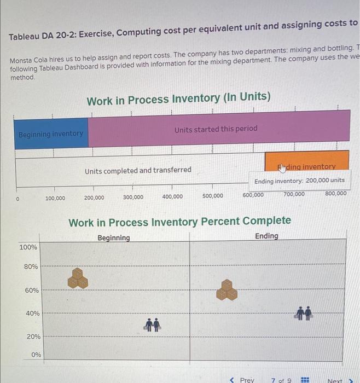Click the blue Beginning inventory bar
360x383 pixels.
pos(51,134)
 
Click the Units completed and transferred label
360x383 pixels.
pos(138,170)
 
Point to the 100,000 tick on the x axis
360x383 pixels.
pos(55,198)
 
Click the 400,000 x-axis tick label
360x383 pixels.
pos(173,196)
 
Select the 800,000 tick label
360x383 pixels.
pos(336,193)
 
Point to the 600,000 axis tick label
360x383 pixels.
pos(253,195)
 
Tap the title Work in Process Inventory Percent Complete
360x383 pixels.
pos(179,221)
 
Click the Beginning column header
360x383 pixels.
pos(114,237)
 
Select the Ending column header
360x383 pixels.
pos(266,236)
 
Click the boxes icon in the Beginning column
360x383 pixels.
pos(78,278)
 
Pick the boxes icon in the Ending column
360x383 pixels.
pos(226,289)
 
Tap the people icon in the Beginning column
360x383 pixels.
pos(152,324)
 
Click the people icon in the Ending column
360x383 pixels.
pos(304,312)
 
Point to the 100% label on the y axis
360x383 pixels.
pos(28,247)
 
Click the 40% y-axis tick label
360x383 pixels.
pos(32,313)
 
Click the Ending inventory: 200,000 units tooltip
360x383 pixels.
pos(299,180)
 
